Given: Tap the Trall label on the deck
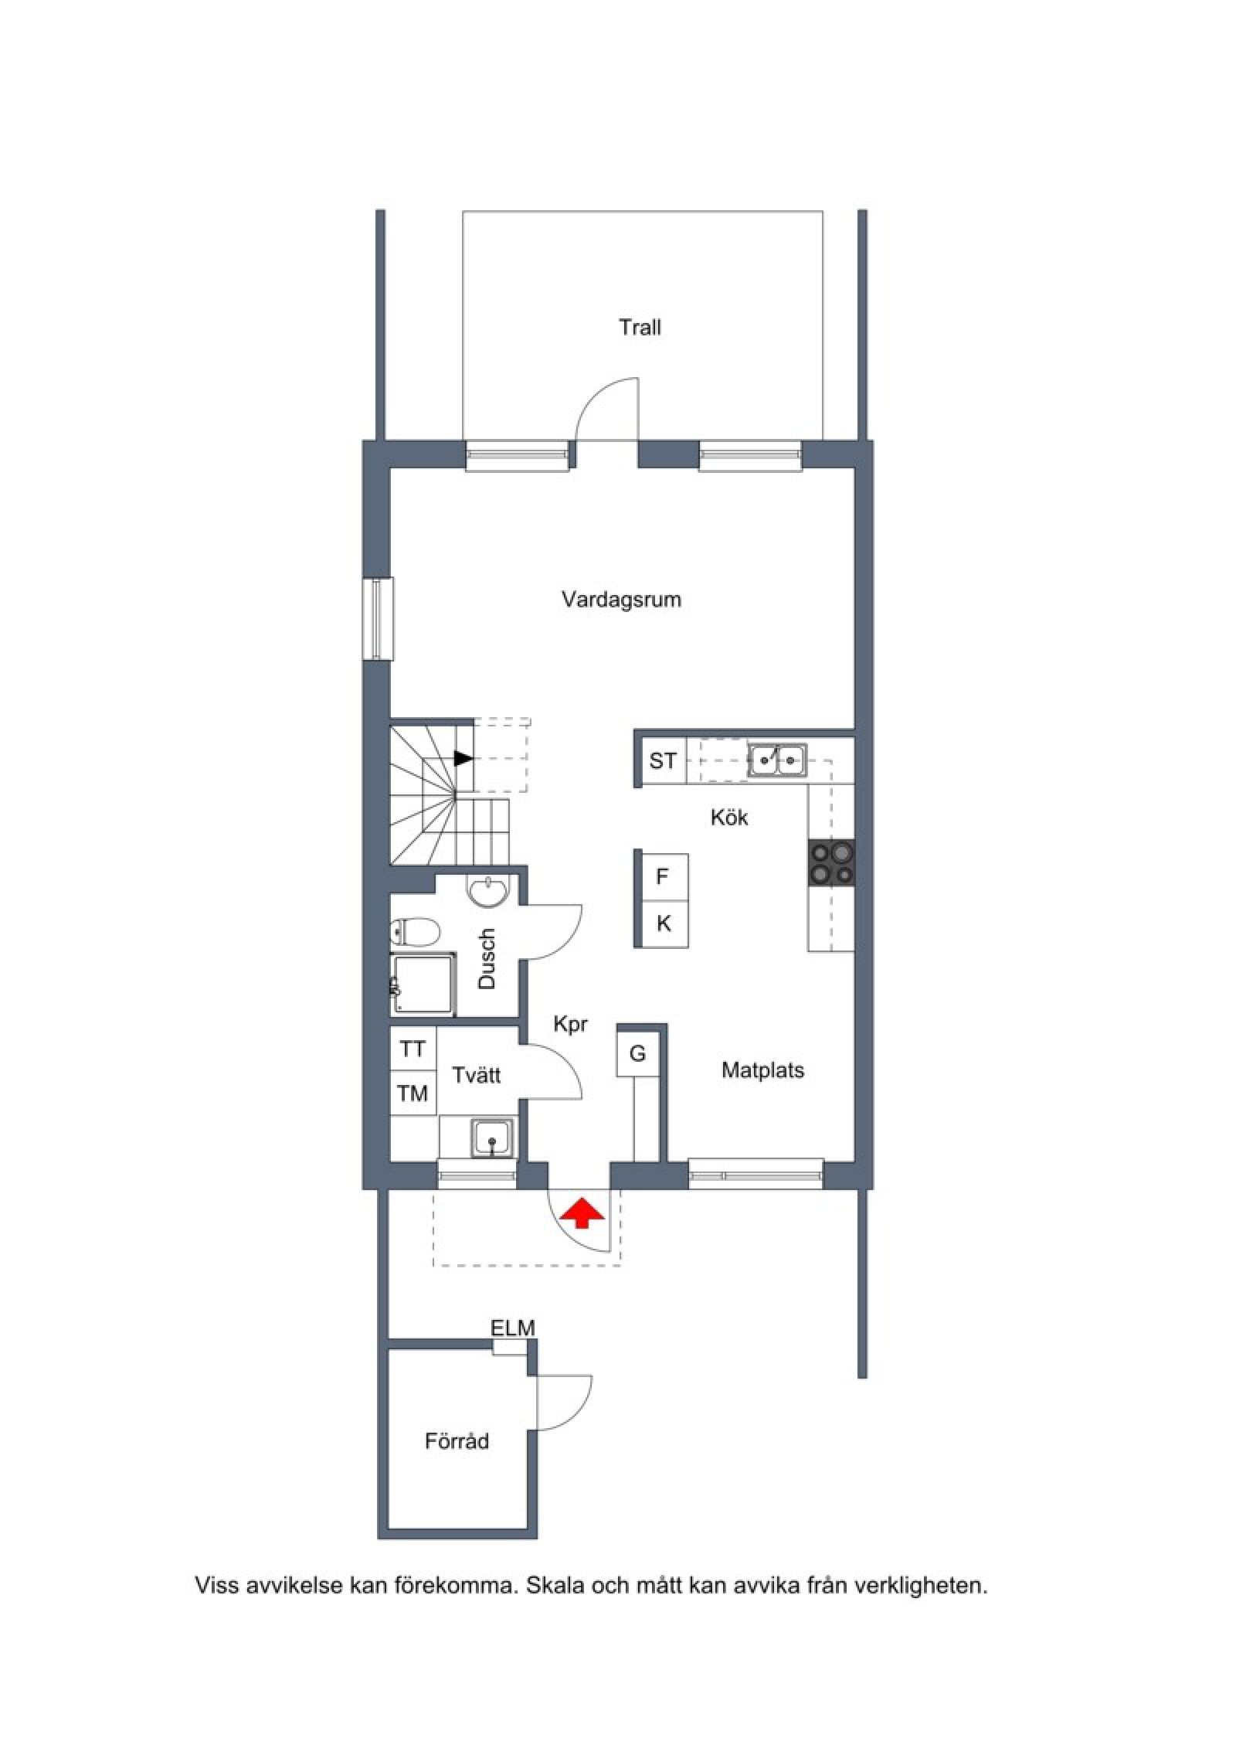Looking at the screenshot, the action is click(640, 328).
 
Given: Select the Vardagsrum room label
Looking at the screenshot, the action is click(621, 600).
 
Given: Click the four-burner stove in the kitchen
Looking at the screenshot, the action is click(832, 862).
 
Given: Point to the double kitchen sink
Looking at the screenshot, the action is click(776, 760).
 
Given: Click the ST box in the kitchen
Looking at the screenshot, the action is click(663, 761).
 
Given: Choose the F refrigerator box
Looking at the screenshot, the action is click(662, 876).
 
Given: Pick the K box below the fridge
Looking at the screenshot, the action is click(664, 923).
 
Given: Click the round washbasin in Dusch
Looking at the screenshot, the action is click(488, 889).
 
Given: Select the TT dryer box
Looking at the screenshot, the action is click(413, 1049).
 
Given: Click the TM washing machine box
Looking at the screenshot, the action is click(413, 1093).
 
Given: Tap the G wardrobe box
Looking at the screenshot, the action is click(638, 1053).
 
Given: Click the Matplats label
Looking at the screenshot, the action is click(762, 1070).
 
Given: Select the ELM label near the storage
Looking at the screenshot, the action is click(513, 1328).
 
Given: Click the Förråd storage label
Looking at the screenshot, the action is click(457, 1441).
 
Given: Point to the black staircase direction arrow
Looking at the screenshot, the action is click(463, 759).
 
